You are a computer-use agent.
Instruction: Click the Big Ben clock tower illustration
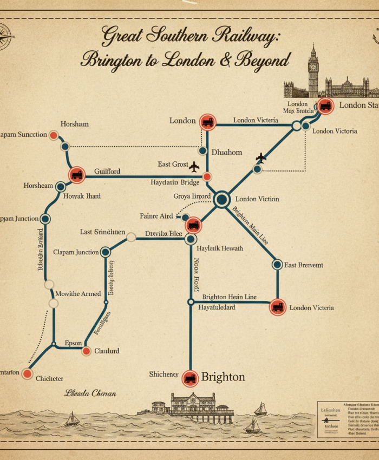click(313, 70)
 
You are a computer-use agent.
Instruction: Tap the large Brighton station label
click(223, 377)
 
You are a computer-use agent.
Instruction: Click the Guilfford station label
click(107, 172)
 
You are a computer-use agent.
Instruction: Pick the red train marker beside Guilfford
click(77, 175)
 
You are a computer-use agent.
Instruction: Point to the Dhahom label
click(226, 152)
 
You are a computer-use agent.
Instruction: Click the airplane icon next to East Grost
click(194, 165)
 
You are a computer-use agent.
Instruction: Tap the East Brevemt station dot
click(277, 265)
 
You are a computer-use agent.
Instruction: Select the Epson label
click(73, 343)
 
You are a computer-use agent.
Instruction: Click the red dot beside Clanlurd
click(86, 351)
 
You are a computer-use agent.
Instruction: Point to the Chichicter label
click(49, 378)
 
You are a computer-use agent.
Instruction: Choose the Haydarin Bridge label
click(175, 183)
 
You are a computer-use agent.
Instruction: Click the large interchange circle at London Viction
click(221, 200)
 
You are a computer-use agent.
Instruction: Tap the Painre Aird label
click(156, 216)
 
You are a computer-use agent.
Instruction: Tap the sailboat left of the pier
click(72, 418)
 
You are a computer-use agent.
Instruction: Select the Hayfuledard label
click(217, 307)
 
